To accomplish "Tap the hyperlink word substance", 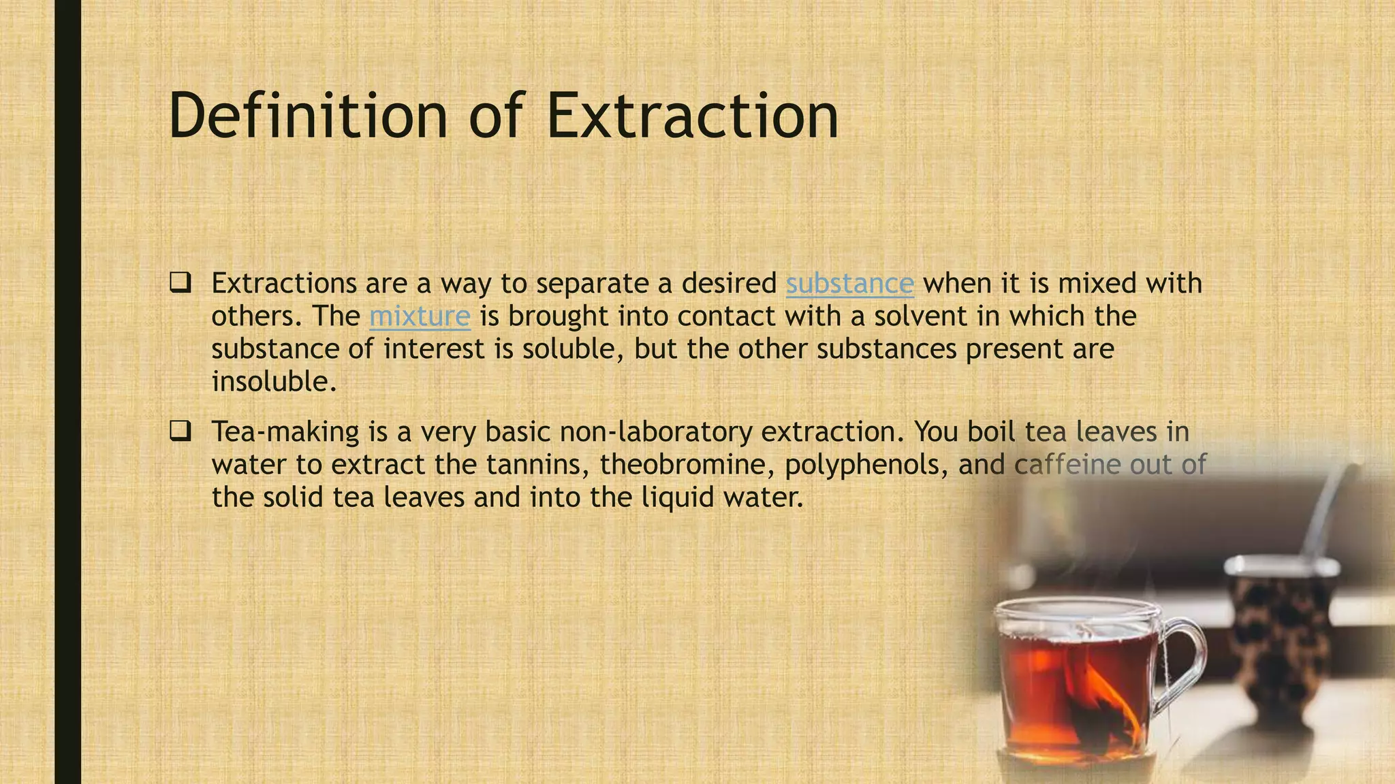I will pyautogui.click(x=849, y=284).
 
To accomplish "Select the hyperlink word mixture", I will pyautogui.click(x=420, y=316).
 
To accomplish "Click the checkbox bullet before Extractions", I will pyautogui.click(x=180, y=282).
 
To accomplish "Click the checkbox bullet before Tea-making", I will pyautogui.click(x=180, y=431).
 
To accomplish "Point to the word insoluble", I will pyautogui.click(x=274, y=382).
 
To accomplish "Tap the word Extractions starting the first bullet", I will pyautogui.click(x=284, y=284).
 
